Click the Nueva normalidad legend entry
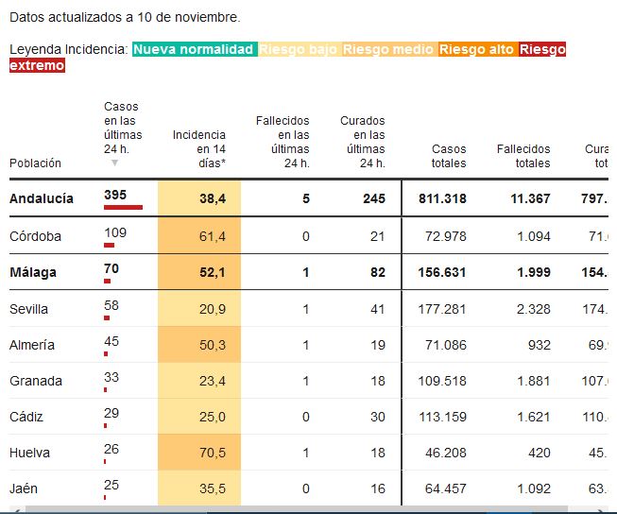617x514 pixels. tap(194, 49)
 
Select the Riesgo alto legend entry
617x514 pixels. tap(476, 49)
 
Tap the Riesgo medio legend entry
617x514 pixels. tap(387, 49)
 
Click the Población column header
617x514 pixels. tap(35, 163)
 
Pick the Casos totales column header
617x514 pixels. tap(449, 156)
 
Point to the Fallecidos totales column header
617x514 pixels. tap(523, 156)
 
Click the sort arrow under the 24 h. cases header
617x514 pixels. tap(115, 163)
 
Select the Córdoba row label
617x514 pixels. tap(35, 236)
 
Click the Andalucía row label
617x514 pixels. tap(41, 199)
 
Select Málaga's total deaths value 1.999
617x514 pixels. tap(532, 272)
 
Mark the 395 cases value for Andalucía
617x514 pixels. tap(115, 194)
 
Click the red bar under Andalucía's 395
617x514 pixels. tap(123, 206)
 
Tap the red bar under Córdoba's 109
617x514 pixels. tap(109, 244)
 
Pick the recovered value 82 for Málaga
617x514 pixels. tap(376, 272)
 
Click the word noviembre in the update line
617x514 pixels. tap(211, 17)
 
